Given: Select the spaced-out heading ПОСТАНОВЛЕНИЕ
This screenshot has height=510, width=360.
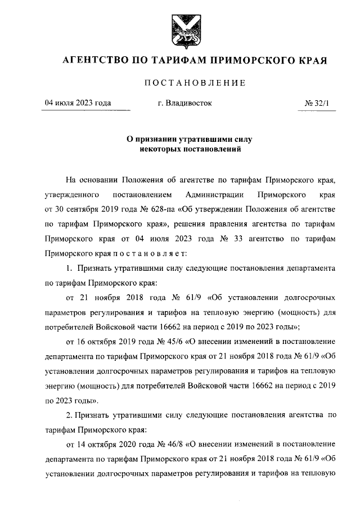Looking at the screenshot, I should click(195, 83).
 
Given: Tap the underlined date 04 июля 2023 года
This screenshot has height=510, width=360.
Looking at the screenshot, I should click(78, 103).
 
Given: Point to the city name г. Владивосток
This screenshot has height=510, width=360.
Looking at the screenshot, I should click(186, 103).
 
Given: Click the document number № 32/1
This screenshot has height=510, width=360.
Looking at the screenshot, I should click(319, 103).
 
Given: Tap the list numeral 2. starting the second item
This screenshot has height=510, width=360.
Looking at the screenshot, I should click(70, 415).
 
